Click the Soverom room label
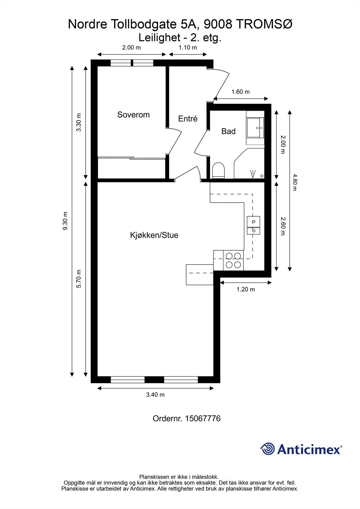point(133,115)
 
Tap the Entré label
point(188,119)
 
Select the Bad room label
point(228,131)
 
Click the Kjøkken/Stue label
point(154,235)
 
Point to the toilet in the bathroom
point(218,170)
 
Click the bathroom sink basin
point(255,128)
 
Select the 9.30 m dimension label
point(65,221)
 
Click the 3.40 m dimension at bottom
point(155,395)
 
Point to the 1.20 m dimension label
point(245,289)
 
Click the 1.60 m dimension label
point(240,92)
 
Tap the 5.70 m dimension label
point(79,279)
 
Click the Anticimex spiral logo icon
point(267,449)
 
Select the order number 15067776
point(202,418)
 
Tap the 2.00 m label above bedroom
point(131,48)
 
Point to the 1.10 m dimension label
point(187,48)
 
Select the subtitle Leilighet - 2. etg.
point(180,38)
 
